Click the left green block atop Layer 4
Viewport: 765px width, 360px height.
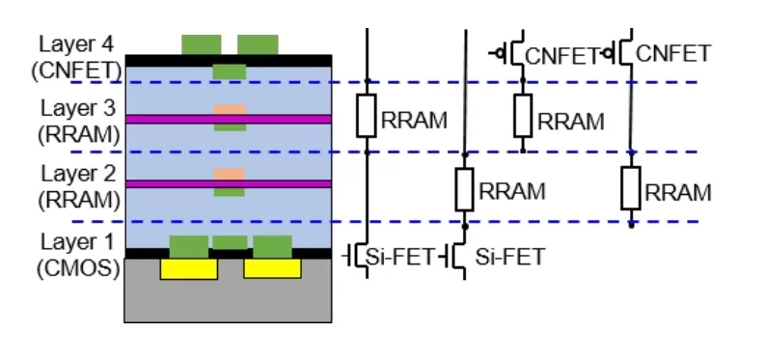[x=202, y=44]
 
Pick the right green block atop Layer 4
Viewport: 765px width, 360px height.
[x=258, y=44]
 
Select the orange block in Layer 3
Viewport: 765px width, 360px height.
[x=229, y=110]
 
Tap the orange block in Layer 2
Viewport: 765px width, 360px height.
[x=229, y=175]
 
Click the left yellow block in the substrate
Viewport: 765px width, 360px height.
[x=188, y=268]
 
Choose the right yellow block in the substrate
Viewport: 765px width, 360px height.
[x=272, y=268]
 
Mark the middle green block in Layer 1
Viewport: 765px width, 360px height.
[x=230, y=242]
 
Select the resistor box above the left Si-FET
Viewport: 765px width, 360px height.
[x=367, y=117]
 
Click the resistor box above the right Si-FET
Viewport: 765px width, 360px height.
[x=464, y=188]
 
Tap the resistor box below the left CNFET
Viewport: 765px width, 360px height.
[x=523, y=117]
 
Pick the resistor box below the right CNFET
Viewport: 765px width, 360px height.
[x=631, y=187]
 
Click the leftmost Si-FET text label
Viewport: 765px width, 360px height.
[x=395, y=256]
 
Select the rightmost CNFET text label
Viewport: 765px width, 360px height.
[x=674, y=52]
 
